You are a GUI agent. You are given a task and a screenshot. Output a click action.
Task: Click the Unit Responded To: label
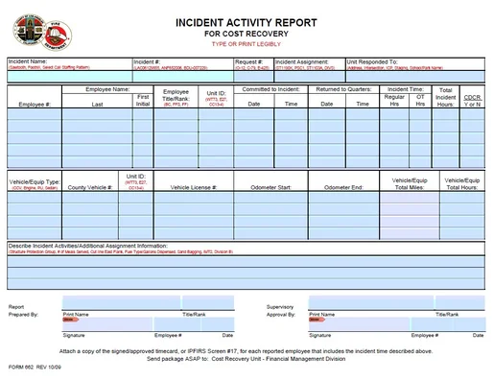coord(378,60)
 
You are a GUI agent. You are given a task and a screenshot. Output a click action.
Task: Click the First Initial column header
coord(142,100)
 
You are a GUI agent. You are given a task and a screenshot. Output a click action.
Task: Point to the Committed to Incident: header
coord(271,88)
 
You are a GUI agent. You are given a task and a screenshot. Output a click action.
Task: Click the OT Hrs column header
coord(420,100)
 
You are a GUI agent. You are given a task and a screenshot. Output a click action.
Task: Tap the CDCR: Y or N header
coord(472,100)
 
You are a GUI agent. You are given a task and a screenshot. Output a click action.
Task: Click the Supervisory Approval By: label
coord(280,310)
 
